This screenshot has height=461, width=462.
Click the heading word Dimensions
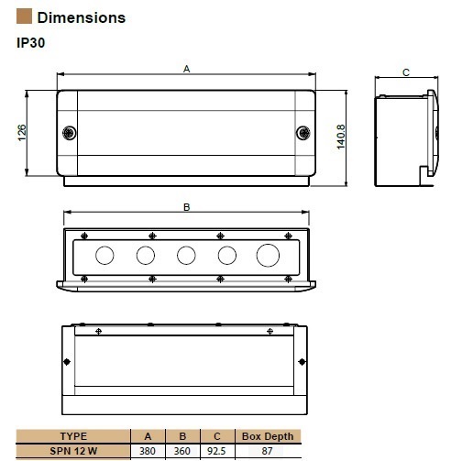82,17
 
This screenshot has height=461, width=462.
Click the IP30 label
31,43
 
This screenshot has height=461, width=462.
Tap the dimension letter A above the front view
187,69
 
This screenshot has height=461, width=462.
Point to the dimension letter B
187,207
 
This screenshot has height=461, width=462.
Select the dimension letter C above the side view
406,72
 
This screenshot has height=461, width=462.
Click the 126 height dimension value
22,133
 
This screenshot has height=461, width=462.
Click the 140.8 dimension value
341,137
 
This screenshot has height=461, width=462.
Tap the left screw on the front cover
70,133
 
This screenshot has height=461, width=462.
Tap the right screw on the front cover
303,133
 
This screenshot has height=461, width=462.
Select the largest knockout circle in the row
268,256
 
